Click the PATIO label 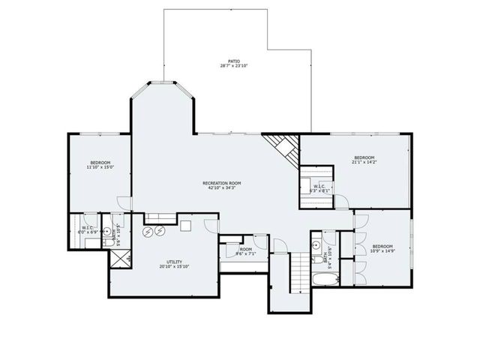click(234, 61)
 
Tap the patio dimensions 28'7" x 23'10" click(234, 66)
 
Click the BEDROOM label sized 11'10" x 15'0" click(101, 163)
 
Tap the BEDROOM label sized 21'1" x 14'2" click(364, 157)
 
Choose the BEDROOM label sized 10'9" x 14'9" click(382, 246)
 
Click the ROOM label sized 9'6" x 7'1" click(245, 248)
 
